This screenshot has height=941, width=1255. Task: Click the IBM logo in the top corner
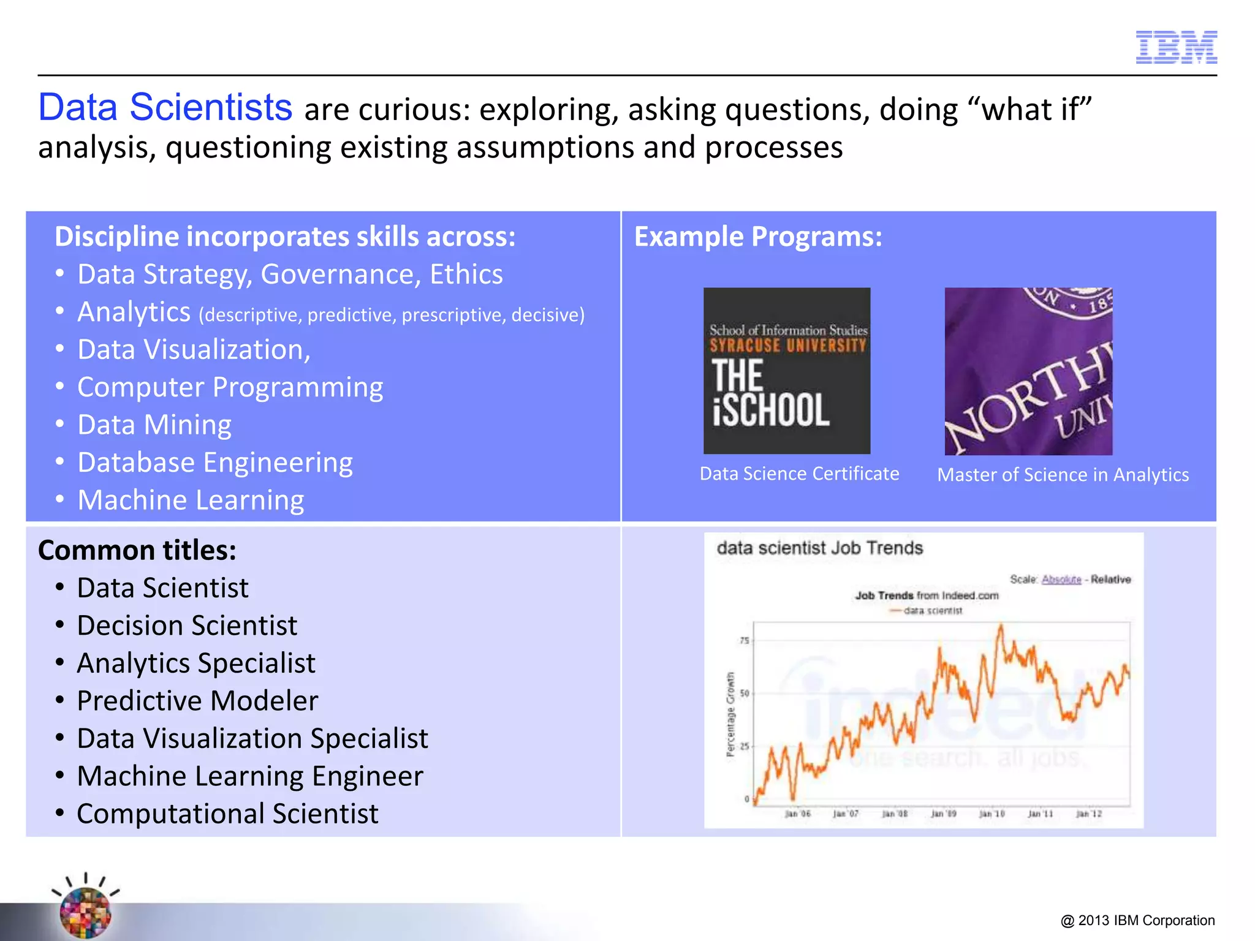[x=1176, y=47]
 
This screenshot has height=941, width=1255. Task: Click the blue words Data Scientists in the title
[x=165, y=108]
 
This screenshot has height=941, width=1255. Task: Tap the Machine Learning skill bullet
[x=191, y=500]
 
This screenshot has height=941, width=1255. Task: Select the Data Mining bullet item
[x=154, y=425]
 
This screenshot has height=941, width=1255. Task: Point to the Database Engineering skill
[x=215, y=463]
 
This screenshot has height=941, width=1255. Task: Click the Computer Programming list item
[x=230, y=387]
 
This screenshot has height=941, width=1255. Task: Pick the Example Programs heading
[x=758, y=237]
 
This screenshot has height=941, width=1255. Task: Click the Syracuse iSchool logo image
[x=787, y=371]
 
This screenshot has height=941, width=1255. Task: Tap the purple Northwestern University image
[x=1028, y=371]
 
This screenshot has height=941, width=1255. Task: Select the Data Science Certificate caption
[x=799, y=474]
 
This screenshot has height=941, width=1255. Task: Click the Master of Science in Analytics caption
[x=1063, y=475]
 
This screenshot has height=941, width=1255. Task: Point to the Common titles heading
[x=137, y=550]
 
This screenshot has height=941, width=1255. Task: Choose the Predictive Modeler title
[x=197, y=701]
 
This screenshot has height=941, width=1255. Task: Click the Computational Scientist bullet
[x=227, y=814]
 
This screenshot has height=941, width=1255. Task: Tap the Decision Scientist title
[x=187, y=625]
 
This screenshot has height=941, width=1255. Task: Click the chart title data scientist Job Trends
[x=819, y=548]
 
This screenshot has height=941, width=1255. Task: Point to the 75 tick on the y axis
[x=744, y=640]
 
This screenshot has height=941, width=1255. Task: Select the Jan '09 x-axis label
[x=943, y=814]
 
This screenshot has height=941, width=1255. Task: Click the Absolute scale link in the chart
[x=1061, y=580]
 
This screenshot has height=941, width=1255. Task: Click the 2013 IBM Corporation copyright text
[x=1137, y=920]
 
